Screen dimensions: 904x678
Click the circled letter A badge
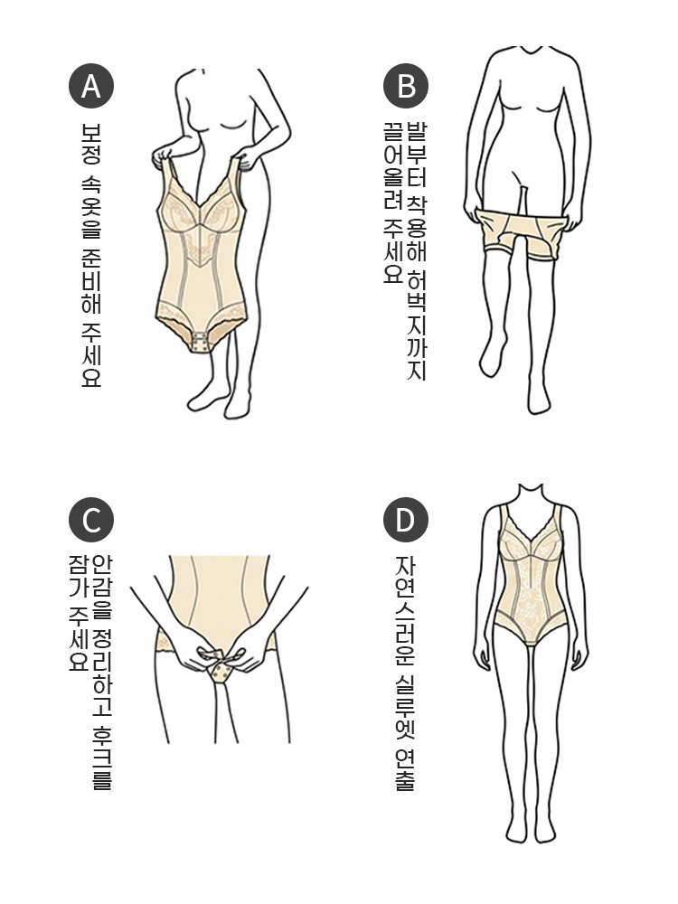coord(91,86)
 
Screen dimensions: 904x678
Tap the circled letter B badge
coord(406,86)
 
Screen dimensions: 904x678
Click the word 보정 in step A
coord(91,143)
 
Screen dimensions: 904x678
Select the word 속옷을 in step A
coord(91,205)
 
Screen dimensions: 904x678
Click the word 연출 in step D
coord(405,770)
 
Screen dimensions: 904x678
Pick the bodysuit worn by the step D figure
coord(532,579)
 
